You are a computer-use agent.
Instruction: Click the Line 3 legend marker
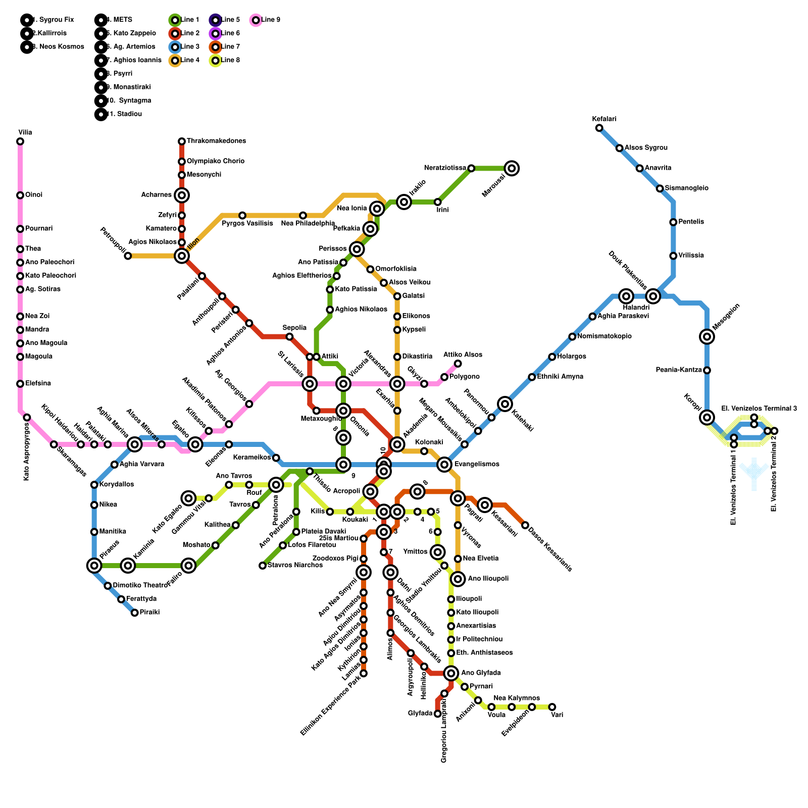tap(175, 47)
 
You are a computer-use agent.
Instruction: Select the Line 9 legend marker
tap(256, 20)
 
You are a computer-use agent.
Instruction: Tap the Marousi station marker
tap(512, 168)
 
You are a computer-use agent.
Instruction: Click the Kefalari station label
tap(604, 119)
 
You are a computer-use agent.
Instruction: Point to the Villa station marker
tap(20, 141)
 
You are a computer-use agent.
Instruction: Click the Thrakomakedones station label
tap(216, 141)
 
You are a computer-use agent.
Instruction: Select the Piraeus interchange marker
tap(94, 566)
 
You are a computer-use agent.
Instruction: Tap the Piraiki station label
tap(150, 613)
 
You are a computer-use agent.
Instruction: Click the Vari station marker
tap(552, 707)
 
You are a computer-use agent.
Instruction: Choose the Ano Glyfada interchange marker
tap(451, 673)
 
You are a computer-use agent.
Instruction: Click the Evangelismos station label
tap(477, 464)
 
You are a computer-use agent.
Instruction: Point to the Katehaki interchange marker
tap(505, 404)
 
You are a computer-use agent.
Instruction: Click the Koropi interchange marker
tap(707, 417)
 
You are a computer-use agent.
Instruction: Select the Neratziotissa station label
tap(445, 168)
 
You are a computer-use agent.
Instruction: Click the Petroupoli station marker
tap(128, 256)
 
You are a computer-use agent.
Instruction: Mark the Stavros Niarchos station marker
tap(263, 566)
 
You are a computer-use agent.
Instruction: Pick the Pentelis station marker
tap(673, 222)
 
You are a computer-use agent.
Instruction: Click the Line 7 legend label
tap(230, 47)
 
